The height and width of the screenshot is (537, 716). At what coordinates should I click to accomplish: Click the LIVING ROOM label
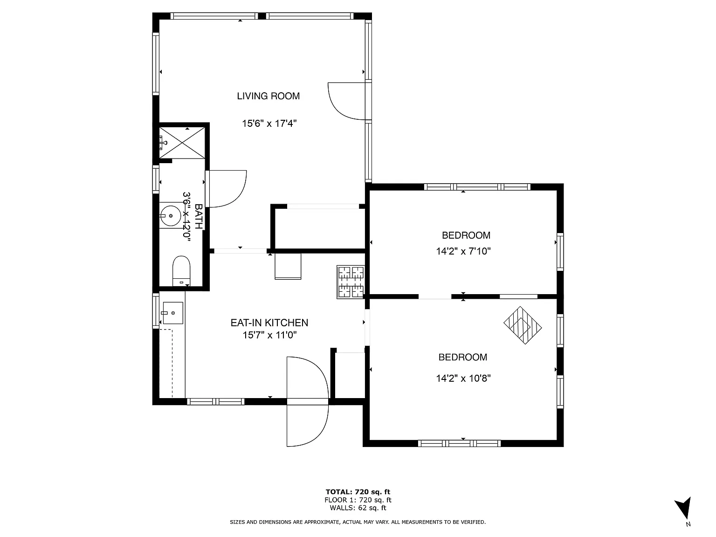pyautogui.click(x=268, y=96)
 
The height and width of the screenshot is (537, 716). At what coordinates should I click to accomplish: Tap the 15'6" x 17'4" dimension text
pyautogui.click(x=269, y=124)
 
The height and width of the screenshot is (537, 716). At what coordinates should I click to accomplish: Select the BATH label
pyautogui.click(x=198, y=216)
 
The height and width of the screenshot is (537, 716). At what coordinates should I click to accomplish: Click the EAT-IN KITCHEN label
pyautogui.click(x=269, y=323)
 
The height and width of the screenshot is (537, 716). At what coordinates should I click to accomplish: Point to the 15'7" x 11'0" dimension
pyautogui.click(x=269, y=335)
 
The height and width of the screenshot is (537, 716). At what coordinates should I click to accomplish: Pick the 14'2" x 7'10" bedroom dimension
pyautogui.click(x=463, y=251)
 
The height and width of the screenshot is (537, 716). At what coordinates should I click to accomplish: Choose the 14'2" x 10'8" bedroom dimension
pyautogui.click(x=463, y=379)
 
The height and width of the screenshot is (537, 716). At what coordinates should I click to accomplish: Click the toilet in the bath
pyautogui.click(x=181, y=271)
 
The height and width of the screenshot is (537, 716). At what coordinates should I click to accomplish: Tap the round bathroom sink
pyautogui.click(x=170, y=215)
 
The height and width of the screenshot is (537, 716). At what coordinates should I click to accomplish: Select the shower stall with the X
pyautogui.click(x=182, y=143)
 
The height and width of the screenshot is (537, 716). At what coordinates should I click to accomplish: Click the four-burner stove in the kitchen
pyautogui.click(x=351, y=282)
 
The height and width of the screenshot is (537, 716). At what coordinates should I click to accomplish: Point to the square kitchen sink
pyautogui.click(x=173, y=313)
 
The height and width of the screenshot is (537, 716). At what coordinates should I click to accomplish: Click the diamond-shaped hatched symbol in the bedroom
pyautogui.click(x=523, y=325)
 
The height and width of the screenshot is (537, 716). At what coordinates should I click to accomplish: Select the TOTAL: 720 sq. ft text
pyautogui.click(x=358, y=492)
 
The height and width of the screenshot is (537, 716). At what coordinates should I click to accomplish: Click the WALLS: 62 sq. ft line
pyautogui.click(x=358, y=508)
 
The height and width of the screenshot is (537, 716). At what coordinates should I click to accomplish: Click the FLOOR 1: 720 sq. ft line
pyautogui.click(x=358, y=500)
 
